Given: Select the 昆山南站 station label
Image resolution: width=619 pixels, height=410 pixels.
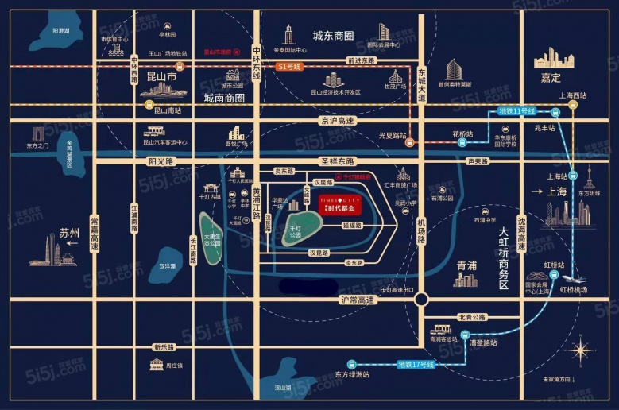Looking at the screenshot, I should (x=168, y=110).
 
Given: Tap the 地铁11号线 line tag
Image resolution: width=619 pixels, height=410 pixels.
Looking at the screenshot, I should (x=516, y=110).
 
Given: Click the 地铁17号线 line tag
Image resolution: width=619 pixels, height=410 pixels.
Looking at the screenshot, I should (x=416, y=365).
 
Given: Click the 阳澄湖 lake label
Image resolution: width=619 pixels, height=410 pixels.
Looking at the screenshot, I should (x=61, y=30).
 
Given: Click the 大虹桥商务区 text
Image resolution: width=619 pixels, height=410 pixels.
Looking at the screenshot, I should (x=502, y=258).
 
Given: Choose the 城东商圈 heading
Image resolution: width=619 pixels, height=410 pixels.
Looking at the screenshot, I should (x=333, y=35).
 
